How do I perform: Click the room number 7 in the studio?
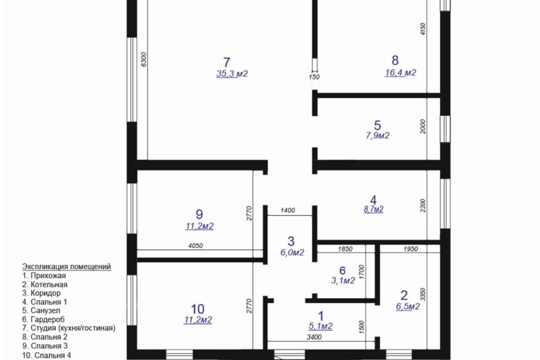coord(226,62)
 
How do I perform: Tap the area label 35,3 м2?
coord(232,74)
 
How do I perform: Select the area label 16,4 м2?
coord(400,73)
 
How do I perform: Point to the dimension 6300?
coord(144,59)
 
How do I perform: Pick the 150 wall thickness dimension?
coord(314,77)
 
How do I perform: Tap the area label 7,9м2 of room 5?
coord(377,136)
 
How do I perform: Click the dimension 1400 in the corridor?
coord(287,210)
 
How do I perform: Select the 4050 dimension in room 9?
coord(196,246)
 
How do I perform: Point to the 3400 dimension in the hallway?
coord(314,337)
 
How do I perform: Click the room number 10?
coord(197,309)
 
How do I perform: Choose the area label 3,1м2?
coord(343,281)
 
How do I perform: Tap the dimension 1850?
coord(345,249)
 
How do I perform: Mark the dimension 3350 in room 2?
coord(423,295)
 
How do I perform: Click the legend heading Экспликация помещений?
coord(66,267)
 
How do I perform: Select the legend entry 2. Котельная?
coord(45,285)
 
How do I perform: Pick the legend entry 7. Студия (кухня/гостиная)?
coord(69,328)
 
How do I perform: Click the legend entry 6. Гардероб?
coord(43,319)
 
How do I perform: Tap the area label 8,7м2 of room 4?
coord(373,209)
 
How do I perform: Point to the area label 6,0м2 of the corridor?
coord(292,253)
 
